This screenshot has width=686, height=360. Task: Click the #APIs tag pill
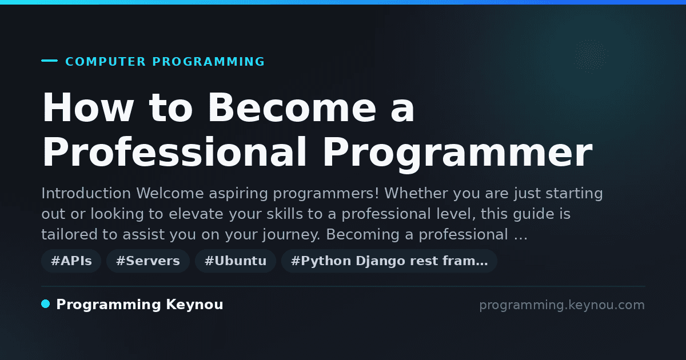(71, 261)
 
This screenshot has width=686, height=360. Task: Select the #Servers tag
(148, 261)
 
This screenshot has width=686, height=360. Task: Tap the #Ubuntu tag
(236, 261)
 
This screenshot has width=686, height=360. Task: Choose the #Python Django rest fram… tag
(389, 261)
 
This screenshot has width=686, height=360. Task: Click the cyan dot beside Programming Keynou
(45, 304)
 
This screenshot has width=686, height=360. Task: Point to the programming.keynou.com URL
(562, 305)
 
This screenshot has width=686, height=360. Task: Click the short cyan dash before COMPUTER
(49, 61)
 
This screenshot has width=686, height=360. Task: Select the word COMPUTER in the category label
(106, 62)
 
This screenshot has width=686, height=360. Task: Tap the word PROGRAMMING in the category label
(209, 62)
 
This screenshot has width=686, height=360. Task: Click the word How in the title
(88, 107)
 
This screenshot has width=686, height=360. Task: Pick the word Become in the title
(292, 107)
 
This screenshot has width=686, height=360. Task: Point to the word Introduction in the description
(86, 194)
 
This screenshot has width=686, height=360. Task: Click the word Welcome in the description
(170, 194)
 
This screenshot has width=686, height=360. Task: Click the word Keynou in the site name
(194, 305)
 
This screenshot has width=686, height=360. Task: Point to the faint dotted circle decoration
(591, 57)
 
